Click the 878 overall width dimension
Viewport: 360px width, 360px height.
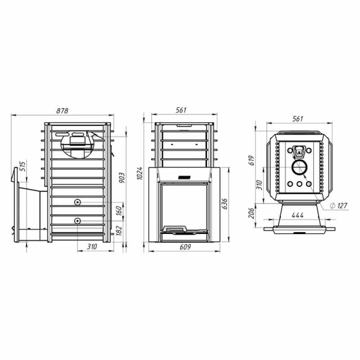(62, 110)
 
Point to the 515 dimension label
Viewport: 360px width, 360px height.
(22, 166)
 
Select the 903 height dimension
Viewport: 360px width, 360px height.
(122, 178)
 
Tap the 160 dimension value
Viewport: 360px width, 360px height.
(119, 211)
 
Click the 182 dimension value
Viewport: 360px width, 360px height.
(119, 230)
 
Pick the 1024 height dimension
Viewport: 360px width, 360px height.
(139, 173)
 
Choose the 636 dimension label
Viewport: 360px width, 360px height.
(224, 203)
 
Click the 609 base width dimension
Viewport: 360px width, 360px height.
(185, 247)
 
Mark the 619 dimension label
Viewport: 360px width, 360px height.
(252, 160)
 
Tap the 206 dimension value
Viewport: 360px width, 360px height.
(251, 213)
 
